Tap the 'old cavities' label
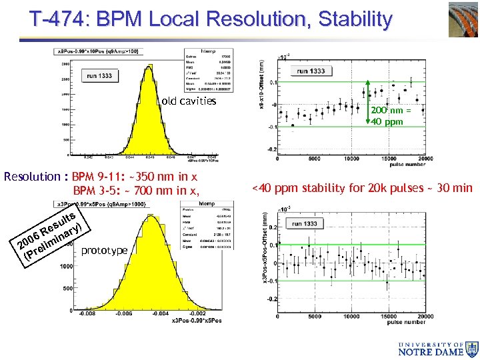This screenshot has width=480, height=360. pyautogui.click(x=189, y=101)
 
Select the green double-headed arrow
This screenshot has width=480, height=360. pyautogui.click(x=367, y=103)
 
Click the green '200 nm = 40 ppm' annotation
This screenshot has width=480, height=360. pyautogui.click(x=391, y=116)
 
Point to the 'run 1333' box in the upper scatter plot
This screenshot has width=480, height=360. pyautogui.click(x=311, y=71)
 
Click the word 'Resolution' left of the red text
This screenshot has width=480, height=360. pyautogui.click(x=32, y=177)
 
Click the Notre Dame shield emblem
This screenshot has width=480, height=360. pyautogui.click(x=472, y=347)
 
